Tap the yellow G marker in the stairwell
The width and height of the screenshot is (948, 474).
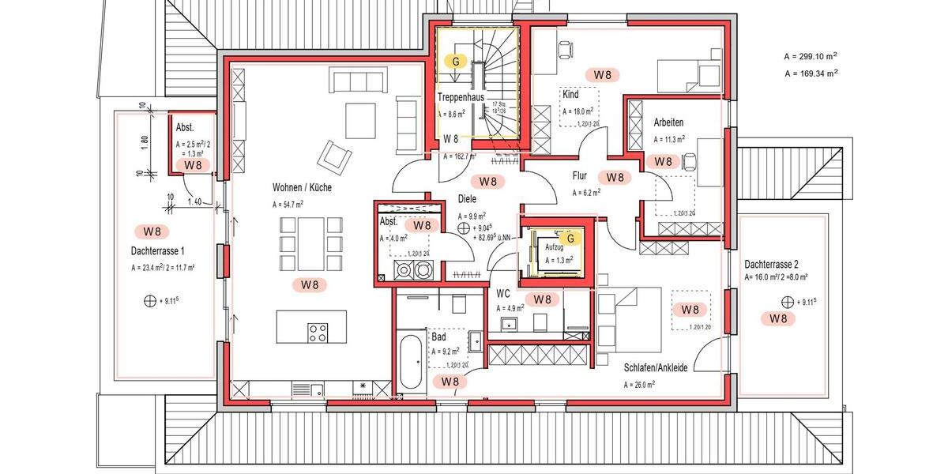456,60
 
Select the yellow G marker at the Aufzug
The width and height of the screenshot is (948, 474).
567,236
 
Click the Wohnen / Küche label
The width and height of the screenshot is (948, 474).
302,188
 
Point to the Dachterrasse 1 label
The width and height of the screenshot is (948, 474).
162,251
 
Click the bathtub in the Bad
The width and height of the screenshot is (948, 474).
410,362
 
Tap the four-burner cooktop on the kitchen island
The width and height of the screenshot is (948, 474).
318,333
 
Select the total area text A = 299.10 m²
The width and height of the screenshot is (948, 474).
811,57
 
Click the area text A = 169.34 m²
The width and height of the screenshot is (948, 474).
811,73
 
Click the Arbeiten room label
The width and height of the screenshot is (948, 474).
668,123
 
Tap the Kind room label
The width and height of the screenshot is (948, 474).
570,94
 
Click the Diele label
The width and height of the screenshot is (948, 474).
468,200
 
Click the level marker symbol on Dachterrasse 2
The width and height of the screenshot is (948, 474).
787,302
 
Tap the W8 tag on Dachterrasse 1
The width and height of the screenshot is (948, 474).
152,231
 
